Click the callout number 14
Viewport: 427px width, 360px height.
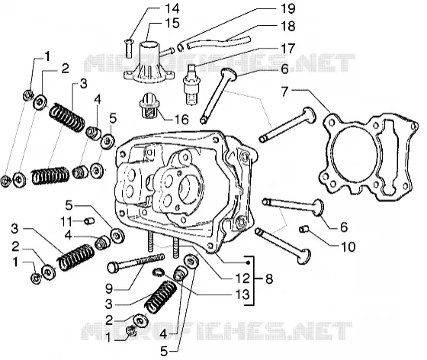[x=172, y=8]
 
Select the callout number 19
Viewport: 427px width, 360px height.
[x=288, y=8]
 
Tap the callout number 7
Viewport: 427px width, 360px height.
[x=284, y=92]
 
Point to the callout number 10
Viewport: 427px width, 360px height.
[x=348, y=246]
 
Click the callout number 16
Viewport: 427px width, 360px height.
[x=181, y=119]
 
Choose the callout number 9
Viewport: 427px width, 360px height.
[x=109, y=288]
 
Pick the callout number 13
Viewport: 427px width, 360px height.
[x=242, y=294]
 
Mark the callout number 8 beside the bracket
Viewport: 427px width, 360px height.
[x=269, y=279]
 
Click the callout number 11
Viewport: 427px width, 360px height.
[x=66, y=221]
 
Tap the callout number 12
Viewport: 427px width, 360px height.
[x=242, y=278]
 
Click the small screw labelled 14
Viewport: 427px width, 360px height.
[x=129, y=48]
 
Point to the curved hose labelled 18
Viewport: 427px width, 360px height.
[x=218, y=43]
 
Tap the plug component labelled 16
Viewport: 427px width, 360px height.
[x=148, y=106]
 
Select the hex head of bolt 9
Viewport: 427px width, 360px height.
[x=114, y=267]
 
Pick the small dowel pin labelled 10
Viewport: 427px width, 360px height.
[x=303, y=229]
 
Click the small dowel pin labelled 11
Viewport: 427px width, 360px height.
[x=89, y=221]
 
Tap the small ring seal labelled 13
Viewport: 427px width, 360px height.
[x=158, y=272]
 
